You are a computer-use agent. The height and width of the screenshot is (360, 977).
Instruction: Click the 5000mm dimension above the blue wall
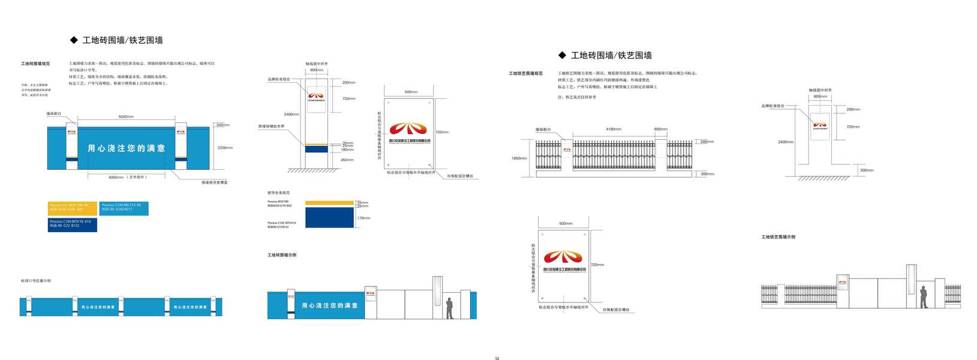126,116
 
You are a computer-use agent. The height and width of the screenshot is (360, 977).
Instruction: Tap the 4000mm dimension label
116,177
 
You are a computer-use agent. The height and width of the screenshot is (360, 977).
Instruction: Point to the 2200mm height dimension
225,148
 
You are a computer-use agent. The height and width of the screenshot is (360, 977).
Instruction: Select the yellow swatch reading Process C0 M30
72,208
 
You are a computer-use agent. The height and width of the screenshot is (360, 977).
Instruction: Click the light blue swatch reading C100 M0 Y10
124,208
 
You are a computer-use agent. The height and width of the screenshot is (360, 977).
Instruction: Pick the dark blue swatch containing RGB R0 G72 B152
72,224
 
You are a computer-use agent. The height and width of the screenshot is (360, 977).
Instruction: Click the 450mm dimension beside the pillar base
347,160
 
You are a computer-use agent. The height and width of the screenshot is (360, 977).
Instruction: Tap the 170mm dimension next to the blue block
363,218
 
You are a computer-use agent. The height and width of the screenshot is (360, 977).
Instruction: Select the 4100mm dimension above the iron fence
614,129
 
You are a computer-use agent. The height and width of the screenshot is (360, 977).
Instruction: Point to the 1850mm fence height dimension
519,158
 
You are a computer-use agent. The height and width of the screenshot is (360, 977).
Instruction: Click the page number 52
497,358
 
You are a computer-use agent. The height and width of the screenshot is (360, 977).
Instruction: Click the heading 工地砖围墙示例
282,255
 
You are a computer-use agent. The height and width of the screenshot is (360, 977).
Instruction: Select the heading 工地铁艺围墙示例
778,237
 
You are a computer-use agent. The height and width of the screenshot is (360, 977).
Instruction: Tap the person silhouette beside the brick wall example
449,308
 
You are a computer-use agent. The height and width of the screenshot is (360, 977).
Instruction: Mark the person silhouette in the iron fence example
923,297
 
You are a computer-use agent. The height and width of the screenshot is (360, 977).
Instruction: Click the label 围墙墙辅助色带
271,127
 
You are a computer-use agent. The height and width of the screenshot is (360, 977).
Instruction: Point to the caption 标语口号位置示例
36,281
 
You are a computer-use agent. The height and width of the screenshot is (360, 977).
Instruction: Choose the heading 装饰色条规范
278,193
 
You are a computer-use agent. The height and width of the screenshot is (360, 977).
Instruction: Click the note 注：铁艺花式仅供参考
577,97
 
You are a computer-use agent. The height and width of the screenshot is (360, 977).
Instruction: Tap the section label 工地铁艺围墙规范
525,74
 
